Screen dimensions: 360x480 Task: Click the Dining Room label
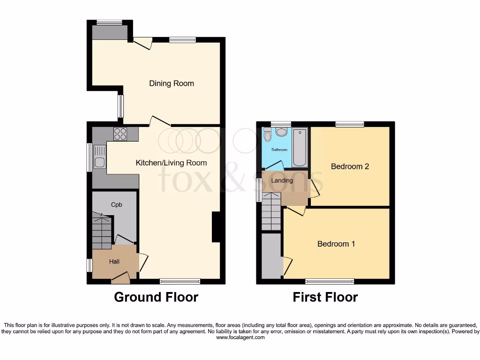(172, 83)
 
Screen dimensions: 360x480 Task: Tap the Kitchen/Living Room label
(171, 163)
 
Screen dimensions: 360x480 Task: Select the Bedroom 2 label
(350, 166)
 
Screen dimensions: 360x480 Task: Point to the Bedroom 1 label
(336, 244)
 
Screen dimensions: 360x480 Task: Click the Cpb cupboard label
(116, 205)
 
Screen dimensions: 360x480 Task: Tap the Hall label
(114, 262)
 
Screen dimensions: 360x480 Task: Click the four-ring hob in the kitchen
(120, 134)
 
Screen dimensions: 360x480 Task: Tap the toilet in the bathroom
(268, 135)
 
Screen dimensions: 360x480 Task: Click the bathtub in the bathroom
(299, 147)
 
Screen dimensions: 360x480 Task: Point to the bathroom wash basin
(281, 132)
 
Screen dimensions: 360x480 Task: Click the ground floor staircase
(102, 232)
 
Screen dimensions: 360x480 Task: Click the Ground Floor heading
(156, 297)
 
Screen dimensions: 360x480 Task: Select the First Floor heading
(325, 297)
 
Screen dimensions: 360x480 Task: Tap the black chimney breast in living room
(216, 227)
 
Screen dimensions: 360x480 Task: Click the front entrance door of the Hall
(120, 278)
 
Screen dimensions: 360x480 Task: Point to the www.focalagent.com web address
(240, 337)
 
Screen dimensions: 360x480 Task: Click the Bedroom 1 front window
(330, 281)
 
